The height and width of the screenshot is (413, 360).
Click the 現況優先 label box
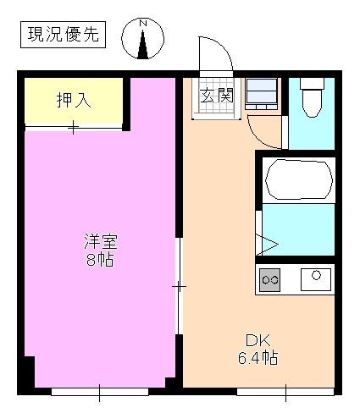(62, 35)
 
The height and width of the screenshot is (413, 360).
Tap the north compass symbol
(143, 40)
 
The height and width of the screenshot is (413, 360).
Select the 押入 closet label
(74, 99)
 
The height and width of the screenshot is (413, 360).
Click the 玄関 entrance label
(217, 95)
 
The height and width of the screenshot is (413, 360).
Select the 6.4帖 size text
(257, 358)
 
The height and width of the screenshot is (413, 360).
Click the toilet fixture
(311, 98)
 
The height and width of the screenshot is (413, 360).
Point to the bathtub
(298, 179)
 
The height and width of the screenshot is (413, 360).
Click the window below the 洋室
(99, 391)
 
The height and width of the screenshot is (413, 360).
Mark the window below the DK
(285, 391)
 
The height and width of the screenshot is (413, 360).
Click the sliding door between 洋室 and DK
(179, 287)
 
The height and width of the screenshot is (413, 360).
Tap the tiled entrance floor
(217, 108)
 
